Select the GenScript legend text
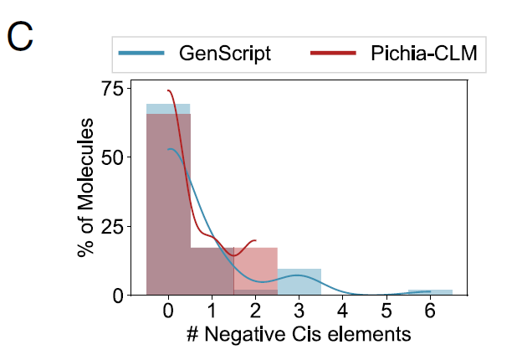[x=224, y=54]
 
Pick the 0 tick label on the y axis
[x=116, y=295]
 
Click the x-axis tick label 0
[x=168, y=311]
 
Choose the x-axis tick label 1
[x=212, y=311]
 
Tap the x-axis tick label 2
[x=255, y=311]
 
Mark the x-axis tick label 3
[x=299, y=311]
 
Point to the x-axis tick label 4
[x=342, y=311]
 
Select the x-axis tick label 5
[x=386, y=311]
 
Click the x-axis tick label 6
[x=429, y=311]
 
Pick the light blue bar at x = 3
[x=299, y=282]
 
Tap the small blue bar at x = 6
[x=430, y=292]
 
